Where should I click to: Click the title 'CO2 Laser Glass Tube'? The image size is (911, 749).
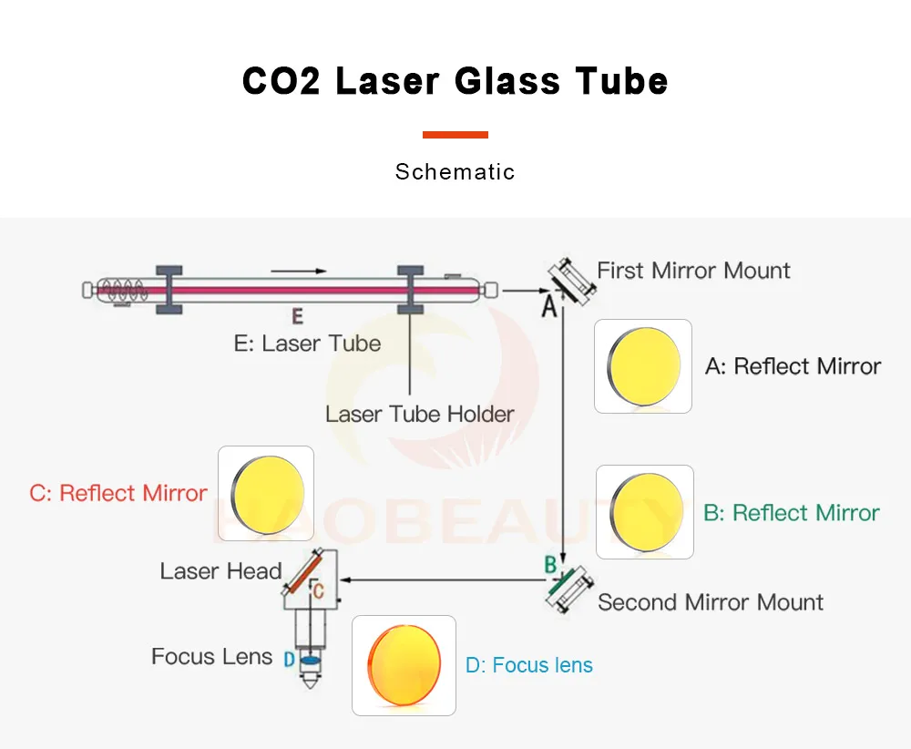[x=455, y=81]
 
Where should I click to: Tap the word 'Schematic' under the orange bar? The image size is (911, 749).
[x=455, y=171]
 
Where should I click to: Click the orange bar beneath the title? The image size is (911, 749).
[x=455, y=135]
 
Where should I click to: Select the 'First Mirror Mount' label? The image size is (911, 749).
[x=693, y=271]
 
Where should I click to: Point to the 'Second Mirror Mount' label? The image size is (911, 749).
[x=711, y=602]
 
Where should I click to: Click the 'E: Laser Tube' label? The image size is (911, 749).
[x=307, y=344]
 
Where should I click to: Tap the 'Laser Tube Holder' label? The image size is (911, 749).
[x=419, y=414]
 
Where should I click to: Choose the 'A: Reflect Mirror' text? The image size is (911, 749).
[x=793, y=366]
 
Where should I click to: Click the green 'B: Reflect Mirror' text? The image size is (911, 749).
[x=791, y=513]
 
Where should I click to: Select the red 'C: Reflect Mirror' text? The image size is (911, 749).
[x=118, y=493]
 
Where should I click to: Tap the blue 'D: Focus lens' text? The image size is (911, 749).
[x=528, y=665]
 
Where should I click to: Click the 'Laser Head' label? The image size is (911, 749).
[x=220, y=571]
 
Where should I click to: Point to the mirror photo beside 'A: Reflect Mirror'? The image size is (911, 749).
[x=643, y=366]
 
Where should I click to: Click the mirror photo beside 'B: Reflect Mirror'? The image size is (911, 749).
[x=645, y=512]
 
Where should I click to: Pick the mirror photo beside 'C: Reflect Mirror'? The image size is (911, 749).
[x=266, y=493]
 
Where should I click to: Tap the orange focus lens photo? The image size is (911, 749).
[x=404, y=665]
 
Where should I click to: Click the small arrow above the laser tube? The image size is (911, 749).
[x=298, y=271]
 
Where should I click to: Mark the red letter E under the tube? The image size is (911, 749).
[x=296, y=317]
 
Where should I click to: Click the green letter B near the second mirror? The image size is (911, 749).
[x=550, y=565]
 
